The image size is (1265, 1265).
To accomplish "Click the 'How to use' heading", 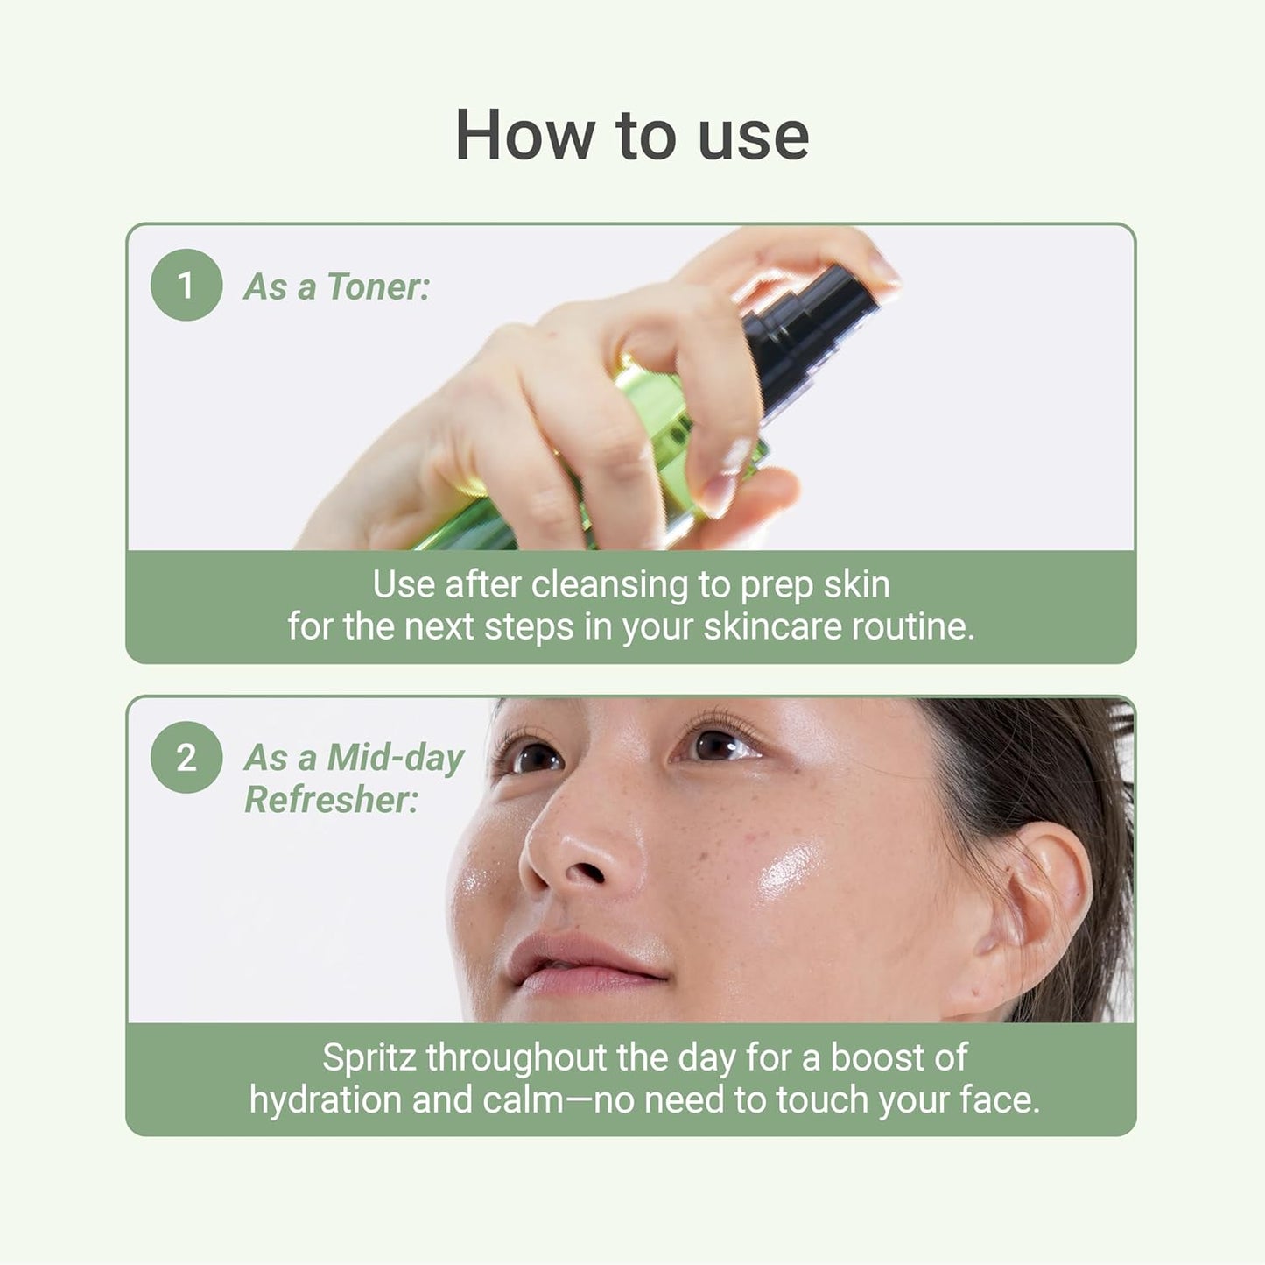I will (632, 135).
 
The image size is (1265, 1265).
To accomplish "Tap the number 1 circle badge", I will (186, 285).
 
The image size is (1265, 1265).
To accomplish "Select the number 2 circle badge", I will (186, 757).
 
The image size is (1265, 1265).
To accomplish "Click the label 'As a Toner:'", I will (337, 287).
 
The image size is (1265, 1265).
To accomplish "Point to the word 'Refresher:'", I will (331, 800).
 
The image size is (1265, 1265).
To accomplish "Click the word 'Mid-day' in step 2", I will (396, 759).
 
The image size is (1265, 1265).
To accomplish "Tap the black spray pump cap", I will (810, 333).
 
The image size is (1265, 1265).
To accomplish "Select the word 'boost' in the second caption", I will (876, 1058).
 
